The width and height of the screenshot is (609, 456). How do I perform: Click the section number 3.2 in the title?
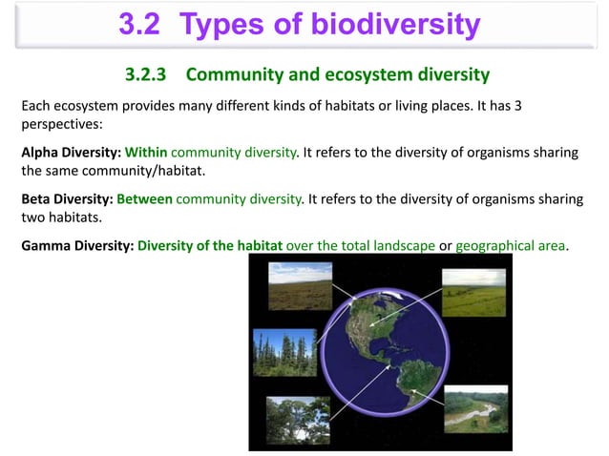point(143,24)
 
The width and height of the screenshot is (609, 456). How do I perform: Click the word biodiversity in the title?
point(397,24)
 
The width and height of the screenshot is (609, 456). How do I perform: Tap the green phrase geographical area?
point(511,245)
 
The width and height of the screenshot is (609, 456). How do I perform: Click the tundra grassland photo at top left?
point(300,285)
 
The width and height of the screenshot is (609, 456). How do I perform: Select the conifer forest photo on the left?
point(284,353)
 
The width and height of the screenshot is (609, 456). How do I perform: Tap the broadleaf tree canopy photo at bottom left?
point(298,420)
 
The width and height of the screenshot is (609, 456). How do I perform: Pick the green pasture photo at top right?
point(473,293)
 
